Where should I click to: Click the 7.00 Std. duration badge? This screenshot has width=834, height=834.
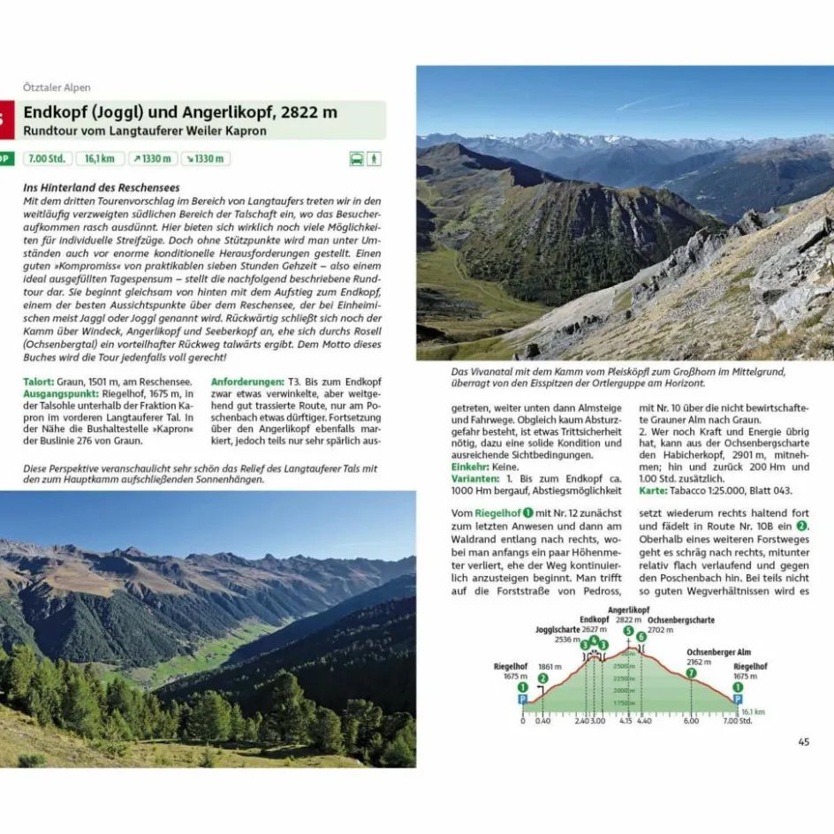[47, 159]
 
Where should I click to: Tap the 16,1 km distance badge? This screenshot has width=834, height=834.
[100, 159]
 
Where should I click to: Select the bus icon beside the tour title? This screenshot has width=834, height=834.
[356, 159]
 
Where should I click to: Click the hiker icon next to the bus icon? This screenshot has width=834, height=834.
[375, 159]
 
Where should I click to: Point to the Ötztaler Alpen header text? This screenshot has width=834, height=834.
[57, 87]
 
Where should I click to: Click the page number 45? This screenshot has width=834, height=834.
[803, 741]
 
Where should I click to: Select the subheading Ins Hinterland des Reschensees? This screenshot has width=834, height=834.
[102, 187]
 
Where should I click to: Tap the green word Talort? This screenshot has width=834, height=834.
[41, 381]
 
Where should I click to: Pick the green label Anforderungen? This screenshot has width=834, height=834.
[247, 381]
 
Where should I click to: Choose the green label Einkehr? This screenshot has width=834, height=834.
[473, 466]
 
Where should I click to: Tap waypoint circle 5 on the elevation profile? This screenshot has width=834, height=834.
[628, 631]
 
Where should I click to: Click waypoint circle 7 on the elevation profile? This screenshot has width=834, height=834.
[691, 672]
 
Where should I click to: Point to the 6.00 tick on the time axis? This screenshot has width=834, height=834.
[690, 720]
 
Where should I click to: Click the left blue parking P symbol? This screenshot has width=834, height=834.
[522, 698]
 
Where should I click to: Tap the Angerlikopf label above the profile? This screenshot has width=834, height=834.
[628, 610]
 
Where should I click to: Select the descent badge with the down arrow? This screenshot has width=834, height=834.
[205, 159]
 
